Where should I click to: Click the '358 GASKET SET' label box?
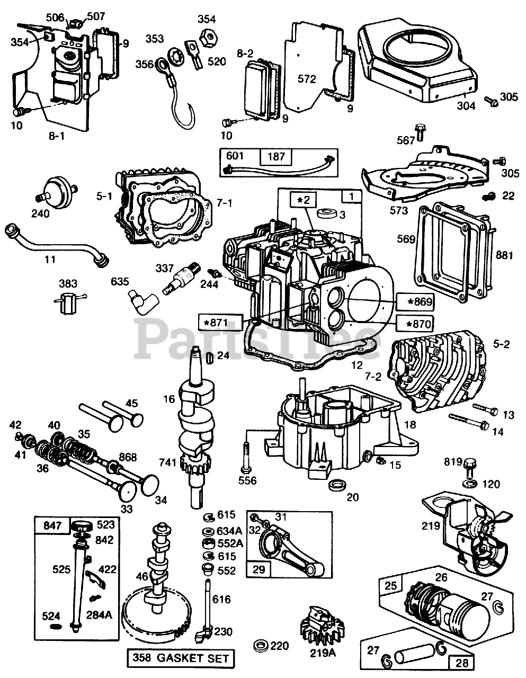point(180,658)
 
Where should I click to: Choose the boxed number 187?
point(277,156)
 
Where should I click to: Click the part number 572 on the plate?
point(307,79)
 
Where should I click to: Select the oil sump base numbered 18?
point(339,429)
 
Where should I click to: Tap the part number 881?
point(504,255)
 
